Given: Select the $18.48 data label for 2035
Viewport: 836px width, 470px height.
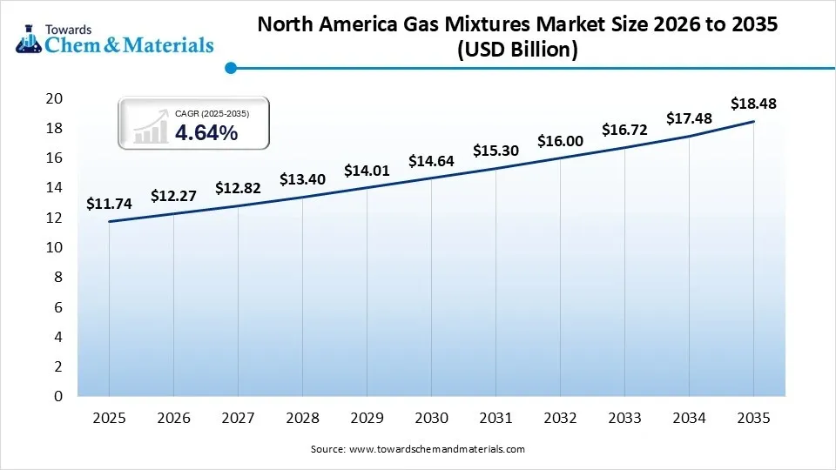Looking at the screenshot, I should point(753,104).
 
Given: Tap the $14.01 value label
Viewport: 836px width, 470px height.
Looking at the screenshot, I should point(366,170).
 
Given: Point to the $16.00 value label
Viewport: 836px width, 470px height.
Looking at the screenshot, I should point(559,141).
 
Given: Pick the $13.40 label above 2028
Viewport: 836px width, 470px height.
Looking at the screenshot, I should point(301,179).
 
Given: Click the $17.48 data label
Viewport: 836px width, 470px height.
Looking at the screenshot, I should point(689,118).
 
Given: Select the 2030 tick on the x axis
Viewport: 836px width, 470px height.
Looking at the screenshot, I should point(431,418).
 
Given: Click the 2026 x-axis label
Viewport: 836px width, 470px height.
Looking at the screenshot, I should point(173,418).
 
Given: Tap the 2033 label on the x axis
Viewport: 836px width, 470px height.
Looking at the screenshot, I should point(624,418).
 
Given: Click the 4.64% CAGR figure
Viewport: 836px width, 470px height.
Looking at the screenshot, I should point(206,132).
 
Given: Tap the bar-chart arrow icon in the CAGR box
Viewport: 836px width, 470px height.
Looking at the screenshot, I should point(151,126).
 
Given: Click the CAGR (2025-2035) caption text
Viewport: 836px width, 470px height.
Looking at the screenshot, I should point(212,113).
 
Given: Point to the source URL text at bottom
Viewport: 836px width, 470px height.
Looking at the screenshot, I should point(417,449).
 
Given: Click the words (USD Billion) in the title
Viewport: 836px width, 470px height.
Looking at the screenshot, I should point(517,50).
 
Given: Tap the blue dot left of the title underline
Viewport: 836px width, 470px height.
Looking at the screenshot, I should point(230,67).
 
